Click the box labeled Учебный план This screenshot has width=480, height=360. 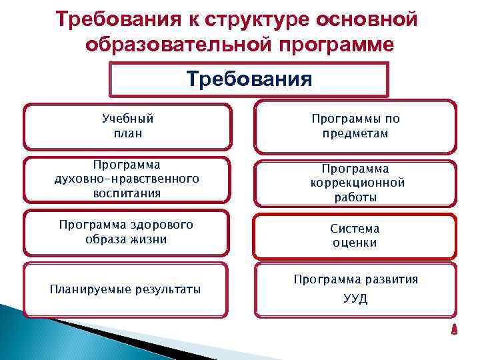[x=127, y=126]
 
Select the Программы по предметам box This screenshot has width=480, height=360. [x=356, y=126]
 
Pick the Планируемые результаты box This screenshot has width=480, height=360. [x=127, y=289]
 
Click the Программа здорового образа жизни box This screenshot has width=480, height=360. [x=127, y=232]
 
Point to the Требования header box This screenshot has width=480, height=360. [x=249, y=80]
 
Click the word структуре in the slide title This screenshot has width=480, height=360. [x=245, y=19]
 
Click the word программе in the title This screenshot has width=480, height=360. [x=333, y=45]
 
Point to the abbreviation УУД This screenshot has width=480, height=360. [x=355, y=299]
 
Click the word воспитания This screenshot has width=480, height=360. [x=127, y=193]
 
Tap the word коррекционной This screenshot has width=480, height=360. [x=357, y=183]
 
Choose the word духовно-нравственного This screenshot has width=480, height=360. [x=127, y=179]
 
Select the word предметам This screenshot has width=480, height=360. [x=356, y=133]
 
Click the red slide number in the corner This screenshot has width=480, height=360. [x=453, y=329]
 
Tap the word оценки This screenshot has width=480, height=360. [x=355, y=243]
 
